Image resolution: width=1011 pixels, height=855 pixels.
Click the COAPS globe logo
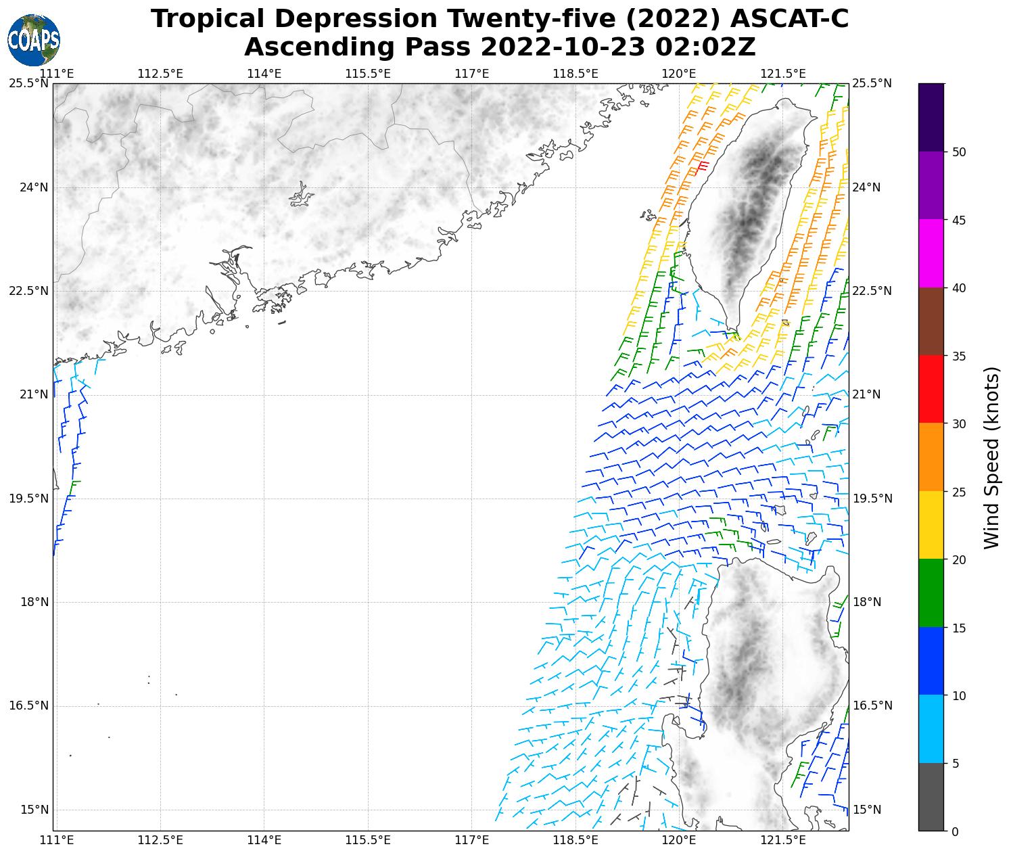pyautogui.click(x=34, y=40)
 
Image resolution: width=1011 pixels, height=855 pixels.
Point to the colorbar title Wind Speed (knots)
pyautogui.click(x=991, y=457)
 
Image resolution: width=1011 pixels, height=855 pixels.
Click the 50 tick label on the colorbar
pyautogui.click(x=958, y=152)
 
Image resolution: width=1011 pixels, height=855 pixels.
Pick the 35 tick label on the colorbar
pyautogui.click(x=958, y=356)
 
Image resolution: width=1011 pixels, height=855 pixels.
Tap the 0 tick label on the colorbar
pyautogui.click(x=954, y=831)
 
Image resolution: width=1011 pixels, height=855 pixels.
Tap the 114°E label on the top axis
pyautogui.click(x=264, y=73)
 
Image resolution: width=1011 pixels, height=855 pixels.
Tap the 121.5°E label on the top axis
pyautogui.click(x=783, y=73)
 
